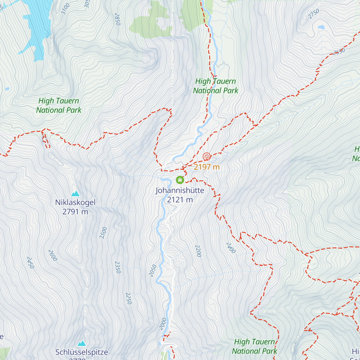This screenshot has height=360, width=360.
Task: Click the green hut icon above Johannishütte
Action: (180, 180)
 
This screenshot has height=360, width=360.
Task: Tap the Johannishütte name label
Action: (180, 190)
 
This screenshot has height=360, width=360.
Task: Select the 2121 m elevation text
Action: (180, 200)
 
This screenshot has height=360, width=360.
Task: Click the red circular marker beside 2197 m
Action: (206, 156)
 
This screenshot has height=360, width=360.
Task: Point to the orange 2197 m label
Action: (207, 167)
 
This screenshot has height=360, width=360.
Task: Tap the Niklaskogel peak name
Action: (75, 202)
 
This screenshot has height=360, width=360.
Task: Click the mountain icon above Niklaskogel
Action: (75, 193)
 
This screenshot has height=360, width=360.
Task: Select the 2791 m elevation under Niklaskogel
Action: (75, 212)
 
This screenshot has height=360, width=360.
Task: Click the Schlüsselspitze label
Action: (82, 352)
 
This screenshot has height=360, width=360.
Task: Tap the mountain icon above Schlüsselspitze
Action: (82, 343)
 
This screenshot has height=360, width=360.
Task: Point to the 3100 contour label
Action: (65, 9)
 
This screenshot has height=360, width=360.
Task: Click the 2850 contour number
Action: (117, 19)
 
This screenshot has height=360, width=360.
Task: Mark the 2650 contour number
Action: (339, 52)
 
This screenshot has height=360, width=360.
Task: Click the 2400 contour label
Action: (231, 248)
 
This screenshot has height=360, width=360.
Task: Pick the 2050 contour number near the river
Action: (153, 271)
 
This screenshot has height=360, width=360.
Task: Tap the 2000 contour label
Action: (163, 324)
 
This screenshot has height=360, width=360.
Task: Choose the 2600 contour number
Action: (52, 255)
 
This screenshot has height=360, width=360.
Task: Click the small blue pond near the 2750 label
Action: (321, 27)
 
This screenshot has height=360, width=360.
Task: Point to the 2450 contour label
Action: (30, 262)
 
